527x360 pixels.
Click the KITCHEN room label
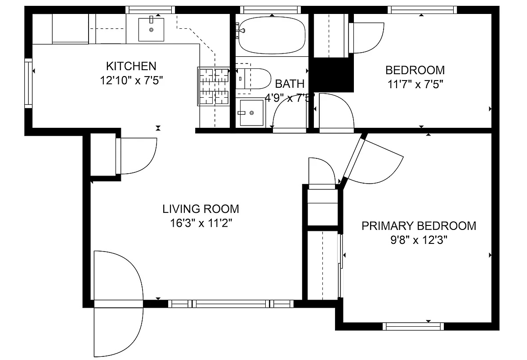(x=131, y=66)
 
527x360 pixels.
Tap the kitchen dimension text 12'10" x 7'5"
(x=131, y=81)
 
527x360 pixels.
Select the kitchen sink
(x=151, y=29)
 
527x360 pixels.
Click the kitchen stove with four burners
(x=214, y=85)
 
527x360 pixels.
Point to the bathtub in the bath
(x=272, y=35)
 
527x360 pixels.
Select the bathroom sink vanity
(x=251, y=112)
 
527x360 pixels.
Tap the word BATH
(x=290, y=84)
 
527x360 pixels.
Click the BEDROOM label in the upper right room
(x=415, y=70)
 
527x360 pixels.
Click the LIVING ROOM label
(x=201, y=209)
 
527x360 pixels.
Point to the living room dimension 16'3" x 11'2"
(x=201, y=223)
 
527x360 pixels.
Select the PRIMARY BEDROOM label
(x=419, y=226)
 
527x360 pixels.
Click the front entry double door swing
(x=118, y=301)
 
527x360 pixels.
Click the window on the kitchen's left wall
(x=29, y=84)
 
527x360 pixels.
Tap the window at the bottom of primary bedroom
(x=413, y=326)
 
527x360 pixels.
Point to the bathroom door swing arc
(x=288, y=112)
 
